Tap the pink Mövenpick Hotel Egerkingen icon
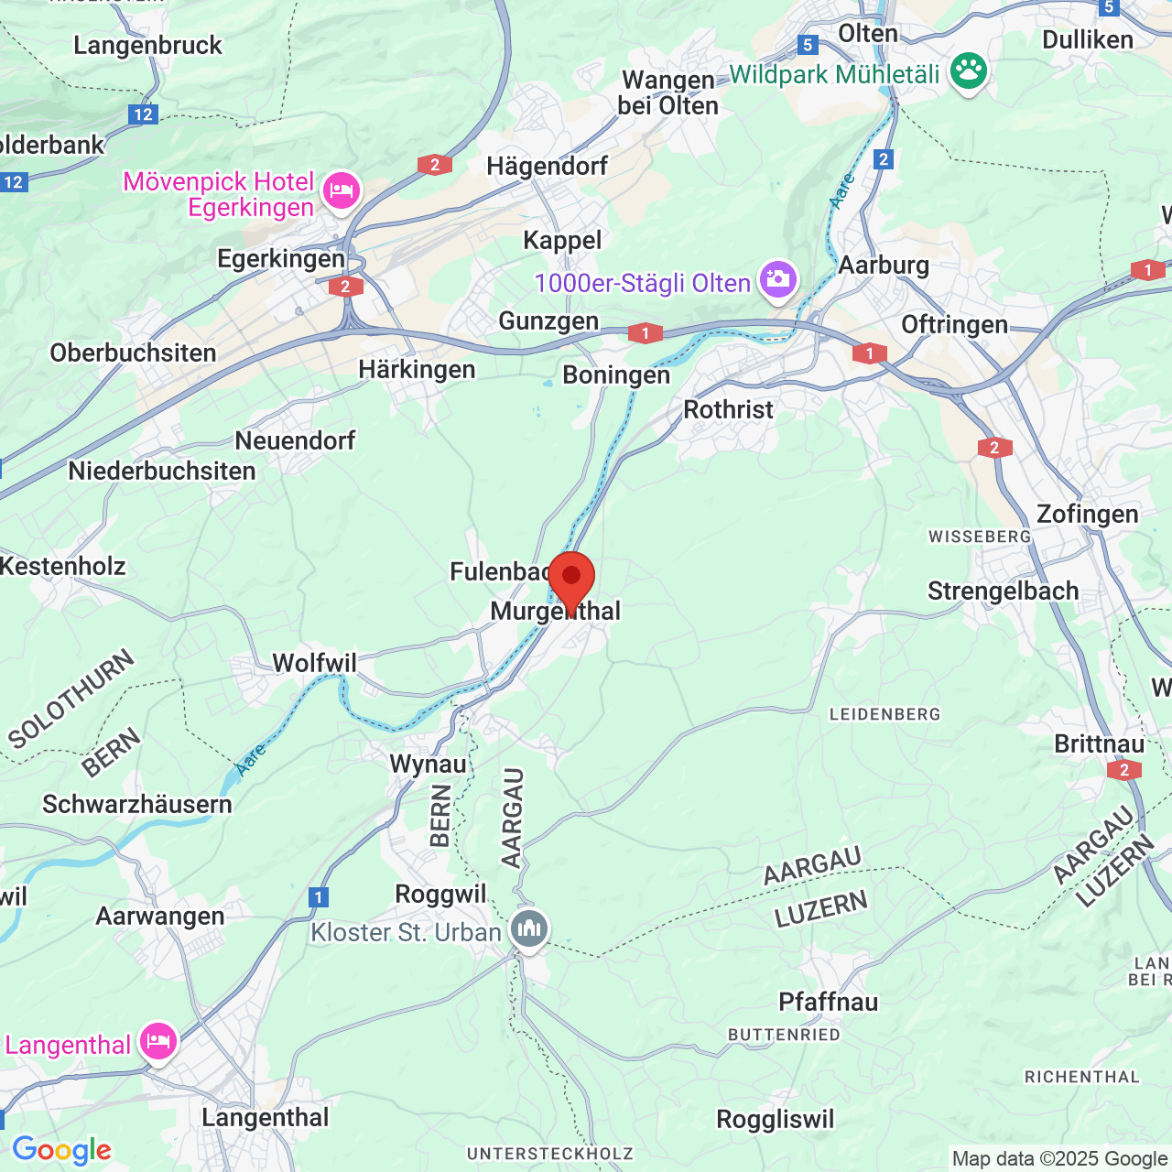341,191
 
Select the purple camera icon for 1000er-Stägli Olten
777,279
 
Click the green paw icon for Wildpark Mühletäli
968,71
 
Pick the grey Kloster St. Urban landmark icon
528,929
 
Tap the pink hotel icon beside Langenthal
157,1042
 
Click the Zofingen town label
1087,514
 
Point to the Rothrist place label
728,409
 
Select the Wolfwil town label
314,662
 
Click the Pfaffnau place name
828,1002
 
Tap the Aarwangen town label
160,916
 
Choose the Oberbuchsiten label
133,353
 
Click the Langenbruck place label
147,45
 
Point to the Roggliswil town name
775,1119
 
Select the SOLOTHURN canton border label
71,700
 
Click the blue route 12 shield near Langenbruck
143,114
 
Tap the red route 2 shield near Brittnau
1124,770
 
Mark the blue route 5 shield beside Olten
807,44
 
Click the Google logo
61,1150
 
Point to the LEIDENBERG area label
884,714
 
